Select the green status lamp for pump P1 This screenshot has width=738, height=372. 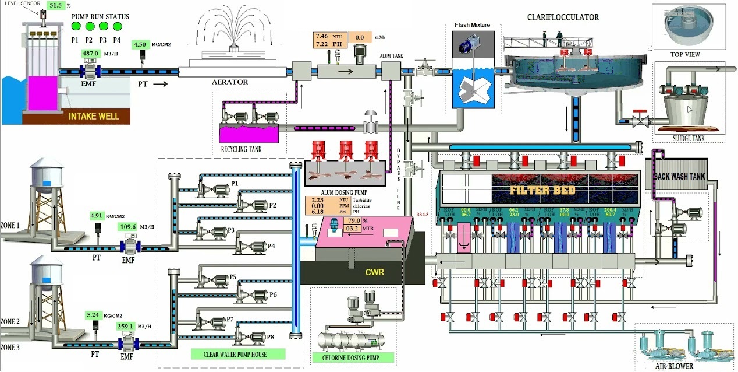click(75, 26)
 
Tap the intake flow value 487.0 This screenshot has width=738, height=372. click(90, 54)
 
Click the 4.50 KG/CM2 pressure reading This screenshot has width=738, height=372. click(140, 44)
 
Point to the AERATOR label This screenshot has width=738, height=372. click(229, 82)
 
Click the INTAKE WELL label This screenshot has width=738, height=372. click(94, 116)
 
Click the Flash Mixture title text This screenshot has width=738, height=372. click(473, 25)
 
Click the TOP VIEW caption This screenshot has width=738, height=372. click(685, 55)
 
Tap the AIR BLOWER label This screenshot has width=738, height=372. click(673, 366)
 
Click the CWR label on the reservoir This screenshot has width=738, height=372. click(374, 272)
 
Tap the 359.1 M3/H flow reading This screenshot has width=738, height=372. click(126, 327)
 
